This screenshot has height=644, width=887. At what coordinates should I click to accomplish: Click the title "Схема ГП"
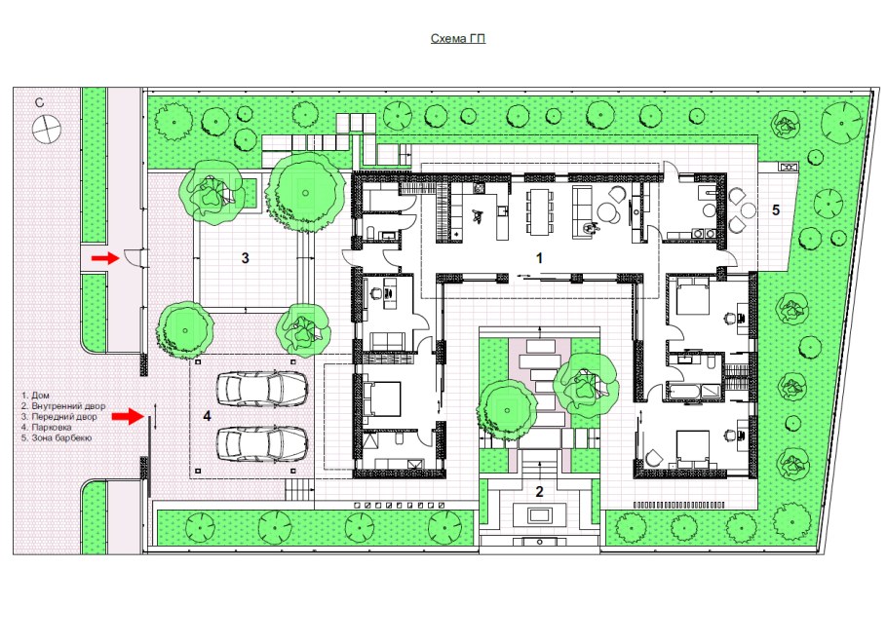coord(458,38)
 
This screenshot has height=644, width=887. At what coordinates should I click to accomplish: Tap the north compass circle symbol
coord(47,129)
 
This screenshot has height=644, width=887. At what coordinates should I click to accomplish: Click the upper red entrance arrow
coord(105,258)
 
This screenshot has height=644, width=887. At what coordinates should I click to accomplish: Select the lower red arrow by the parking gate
coord(129,417)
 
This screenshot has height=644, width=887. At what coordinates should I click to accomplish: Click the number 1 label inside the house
coord(539,258)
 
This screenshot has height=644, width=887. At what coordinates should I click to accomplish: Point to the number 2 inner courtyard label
coord(539,491)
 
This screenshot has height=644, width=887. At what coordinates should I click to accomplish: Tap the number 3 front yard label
coord(245,258)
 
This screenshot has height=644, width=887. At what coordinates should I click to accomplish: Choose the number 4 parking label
coord(207,416)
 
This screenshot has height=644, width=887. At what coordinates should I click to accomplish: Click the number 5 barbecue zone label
coord(776,209)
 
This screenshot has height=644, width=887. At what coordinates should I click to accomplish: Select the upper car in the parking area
coord(262,389)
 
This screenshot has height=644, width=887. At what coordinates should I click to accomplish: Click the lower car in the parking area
coord(262,442)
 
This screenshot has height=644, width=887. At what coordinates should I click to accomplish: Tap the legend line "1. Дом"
coord(35,396)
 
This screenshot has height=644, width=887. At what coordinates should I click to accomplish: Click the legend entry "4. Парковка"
coord(47,427)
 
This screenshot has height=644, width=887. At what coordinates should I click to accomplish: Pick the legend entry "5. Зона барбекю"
coord(57,437)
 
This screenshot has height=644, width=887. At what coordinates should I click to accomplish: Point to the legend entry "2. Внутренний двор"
coord(63,406)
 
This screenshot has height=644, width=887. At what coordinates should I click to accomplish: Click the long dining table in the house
coord(538,211)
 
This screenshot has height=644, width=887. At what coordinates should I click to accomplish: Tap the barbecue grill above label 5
coord(788,167)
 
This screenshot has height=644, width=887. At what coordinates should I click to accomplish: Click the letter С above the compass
coord(39,103)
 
